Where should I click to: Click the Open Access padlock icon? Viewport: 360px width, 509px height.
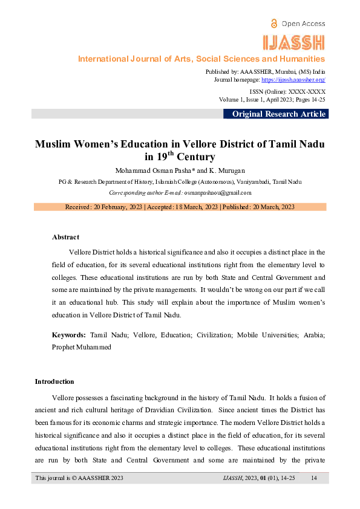[275, 23]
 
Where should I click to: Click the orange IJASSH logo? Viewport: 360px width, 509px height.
[295, 42]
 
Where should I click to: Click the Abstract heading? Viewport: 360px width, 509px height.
[65, 237]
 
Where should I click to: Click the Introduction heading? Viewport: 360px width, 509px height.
[54, 381]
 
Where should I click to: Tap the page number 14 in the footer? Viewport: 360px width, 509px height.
[313, 478]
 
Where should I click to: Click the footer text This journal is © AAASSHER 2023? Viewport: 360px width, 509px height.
[79, 478]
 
